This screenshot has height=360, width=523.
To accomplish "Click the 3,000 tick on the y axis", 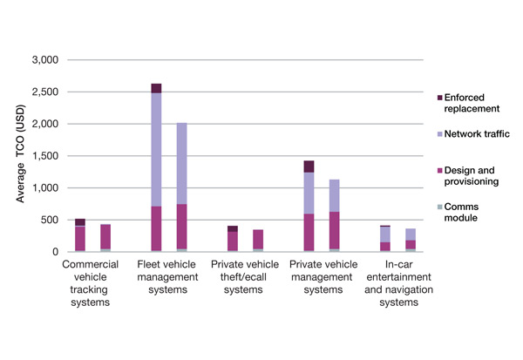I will (x=44, y=60).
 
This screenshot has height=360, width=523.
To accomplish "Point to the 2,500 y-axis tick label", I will (x=44, y=92).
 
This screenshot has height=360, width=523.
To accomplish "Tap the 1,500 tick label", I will (x=44, y=156).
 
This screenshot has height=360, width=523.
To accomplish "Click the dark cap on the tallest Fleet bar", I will (x=156, y=88).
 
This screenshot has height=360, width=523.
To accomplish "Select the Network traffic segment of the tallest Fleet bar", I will (x=156, y=149).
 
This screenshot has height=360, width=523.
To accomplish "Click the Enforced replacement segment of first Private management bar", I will (x=309, y=166).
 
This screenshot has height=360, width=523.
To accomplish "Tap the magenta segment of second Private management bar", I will (x=334, y=230).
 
